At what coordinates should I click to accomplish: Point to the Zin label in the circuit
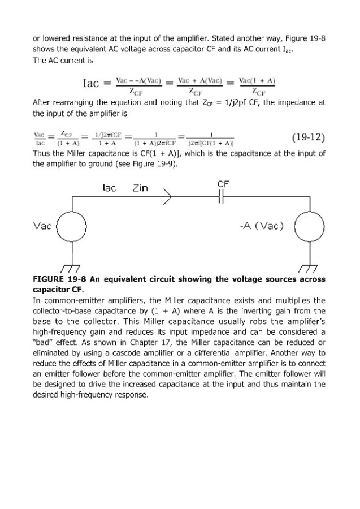tap(140, 188)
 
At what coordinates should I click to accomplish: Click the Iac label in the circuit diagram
tap(110, 188)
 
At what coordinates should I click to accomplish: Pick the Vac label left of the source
tap(42, 226)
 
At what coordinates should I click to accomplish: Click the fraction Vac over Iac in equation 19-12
tap(39, 139)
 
